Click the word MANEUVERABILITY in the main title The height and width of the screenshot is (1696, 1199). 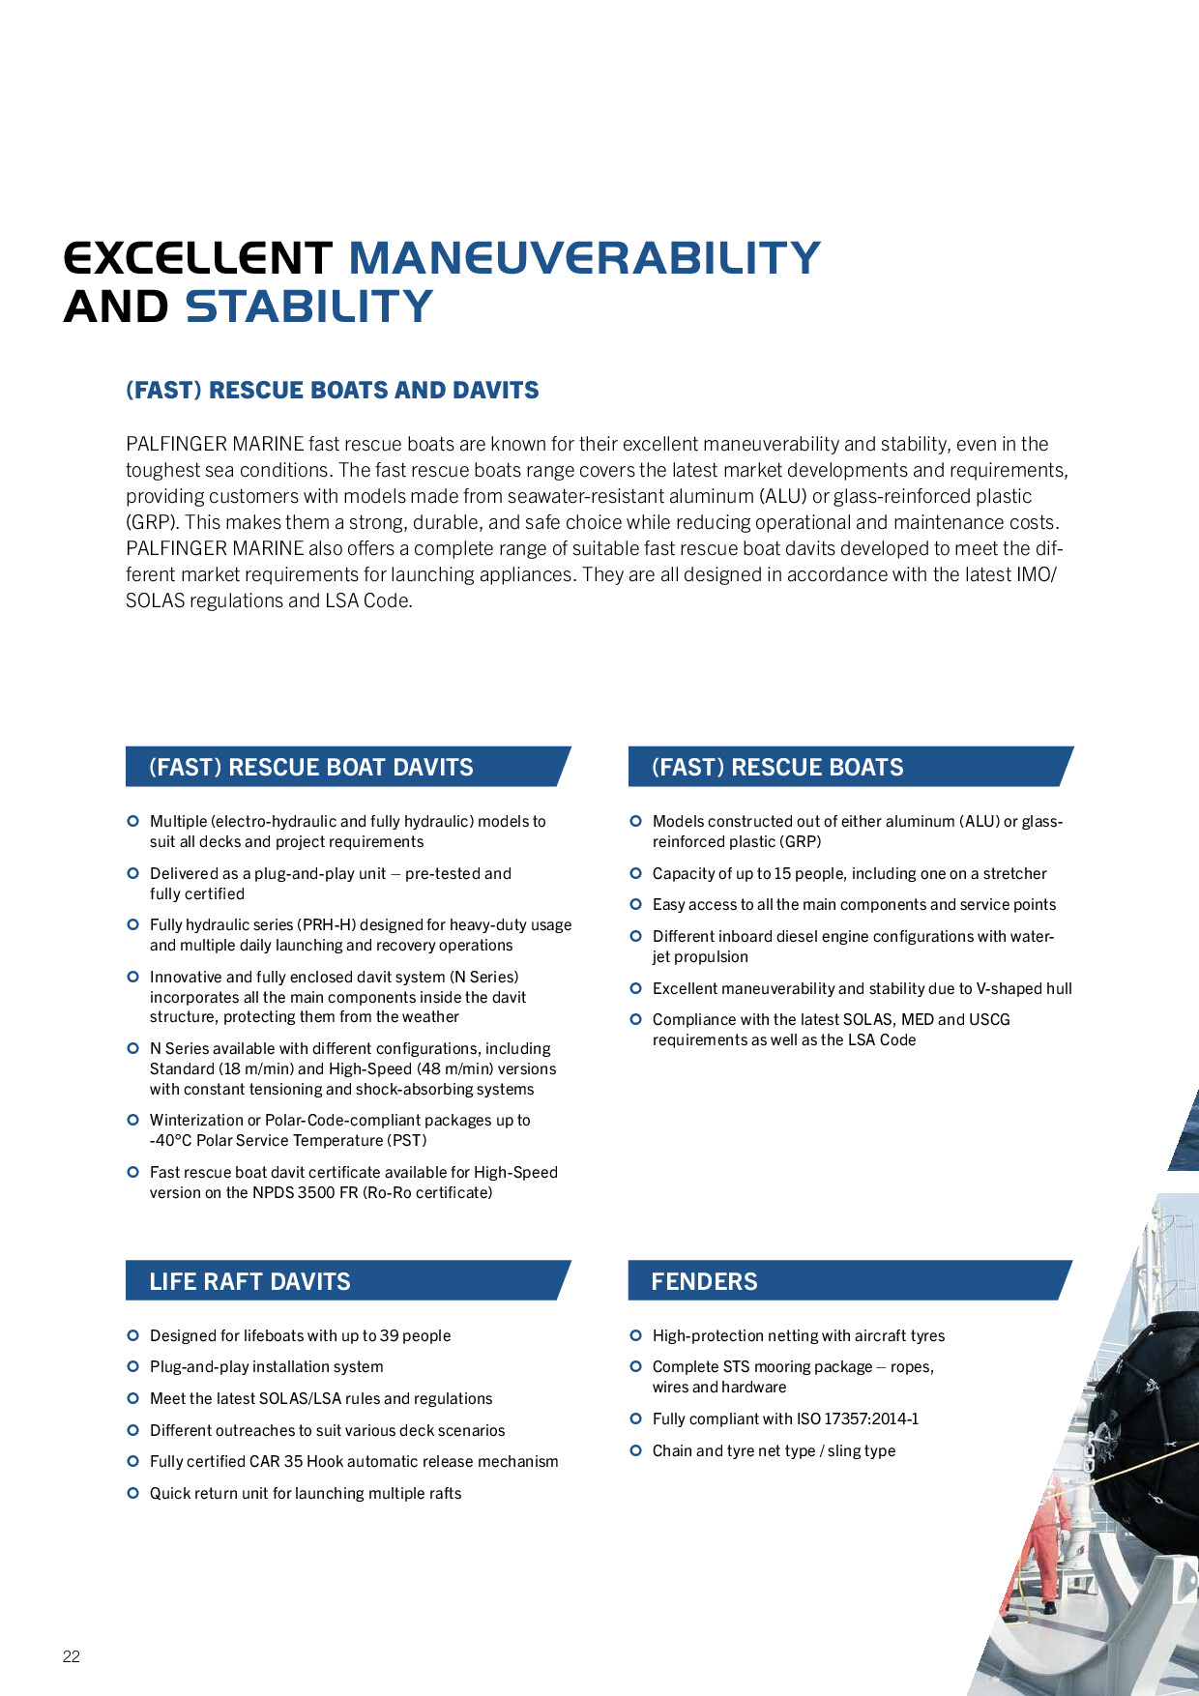(584, 258)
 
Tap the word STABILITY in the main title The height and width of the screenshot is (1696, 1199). (308, 307)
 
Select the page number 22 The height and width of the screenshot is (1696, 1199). (72, 1656)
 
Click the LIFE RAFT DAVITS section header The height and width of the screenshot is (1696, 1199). (249, 1281)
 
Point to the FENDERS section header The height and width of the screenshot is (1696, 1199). (704, 1281)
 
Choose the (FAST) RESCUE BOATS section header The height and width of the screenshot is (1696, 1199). (777, 767)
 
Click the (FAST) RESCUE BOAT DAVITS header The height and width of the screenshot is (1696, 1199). (310, 767)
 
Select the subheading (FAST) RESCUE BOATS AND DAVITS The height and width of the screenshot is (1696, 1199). (332, 391)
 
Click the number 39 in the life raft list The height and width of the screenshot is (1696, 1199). (389, 1335)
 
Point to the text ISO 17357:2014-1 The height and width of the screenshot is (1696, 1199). (858, 1418)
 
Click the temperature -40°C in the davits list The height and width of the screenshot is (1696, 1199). (171, 1140)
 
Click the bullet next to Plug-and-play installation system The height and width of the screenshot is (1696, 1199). (133, 1366)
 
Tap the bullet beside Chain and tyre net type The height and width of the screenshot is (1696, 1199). (636, 1450)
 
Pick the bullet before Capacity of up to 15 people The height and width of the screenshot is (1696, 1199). (636, 873)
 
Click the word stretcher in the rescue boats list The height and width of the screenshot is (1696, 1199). (1014, 873)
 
